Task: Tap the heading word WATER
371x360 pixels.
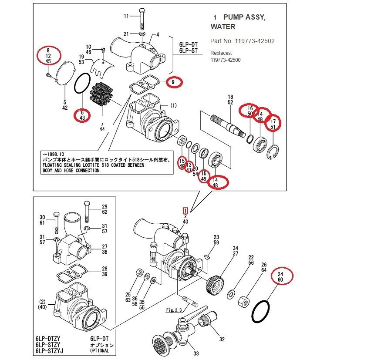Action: coord(223,27)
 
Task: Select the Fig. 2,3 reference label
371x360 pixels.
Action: coord(175,310)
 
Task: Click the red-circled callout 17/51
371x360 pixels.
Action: coord(273,124)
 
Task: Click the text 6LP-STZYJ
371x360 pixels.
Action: coord(51,351)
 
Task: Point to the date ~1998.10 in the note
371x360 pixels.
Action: coord(53,154)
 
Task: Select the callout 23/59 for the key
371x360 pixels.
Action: coord(216,240)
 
